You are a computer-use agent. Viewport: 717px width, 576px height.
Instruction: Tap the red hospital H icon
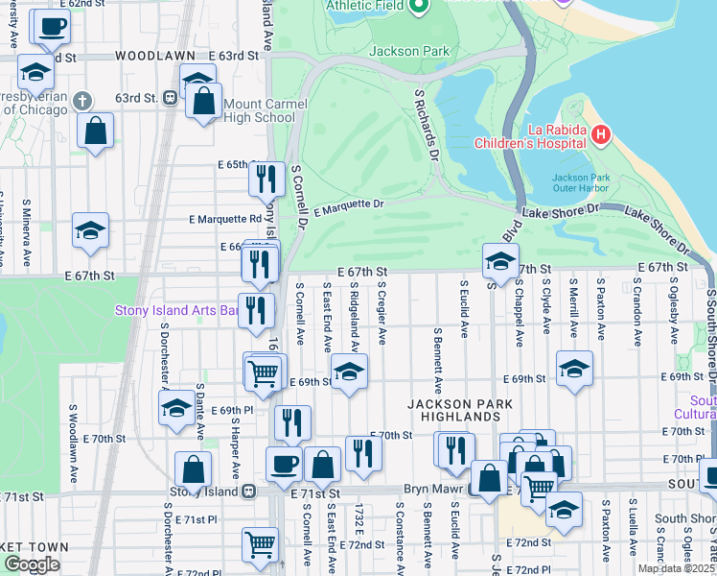601,135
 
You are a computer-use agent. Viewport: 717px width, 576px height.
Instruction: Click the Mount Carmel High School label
259,110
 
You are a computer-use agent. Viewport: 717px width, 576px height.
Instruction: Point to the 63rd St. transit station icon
170,97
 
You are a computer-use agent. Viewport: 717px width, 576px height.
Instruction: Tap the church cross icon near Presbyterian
82,100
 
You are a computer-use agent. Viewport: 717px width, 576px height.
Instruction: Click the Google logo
32,565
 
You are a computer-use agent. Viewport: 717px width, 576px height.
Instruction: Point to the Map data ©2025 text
676,568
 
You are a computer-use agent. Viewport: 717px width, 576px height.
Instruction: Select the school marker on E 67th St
500,261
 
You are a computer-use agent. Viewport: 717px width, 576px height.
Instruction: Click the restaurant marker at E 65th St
265,179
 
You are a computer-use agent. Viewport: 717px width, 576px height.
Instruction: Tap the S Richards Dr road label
427,125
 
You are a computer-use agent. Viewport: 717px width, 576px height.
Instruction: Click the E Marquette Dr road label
349,204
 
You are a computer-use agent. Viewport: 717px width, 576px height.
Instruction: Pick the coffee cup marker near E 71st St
283,465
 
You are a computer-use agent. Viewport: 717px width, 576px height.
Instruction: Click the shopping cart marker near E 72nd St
260,545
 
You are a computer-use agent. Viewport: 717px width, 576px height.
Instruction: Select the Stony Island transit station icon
248,492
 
